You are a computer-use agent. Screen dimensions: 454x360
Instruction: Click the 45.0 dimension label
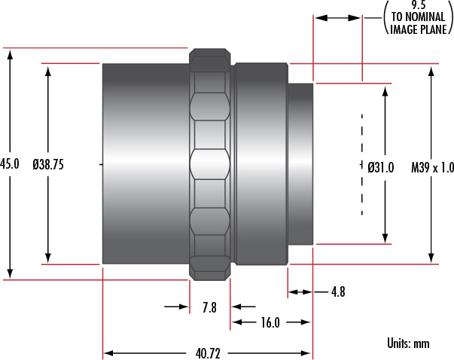pos(10,164)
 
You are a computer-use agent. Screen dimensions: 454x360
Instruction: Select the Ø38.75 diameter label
pos(48,164)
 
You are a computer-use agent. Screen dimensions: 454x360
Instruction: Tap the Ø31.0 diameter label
pos(381,167)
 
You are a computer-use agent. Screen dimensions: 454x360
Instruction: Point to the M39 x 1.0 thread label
pos(433,167)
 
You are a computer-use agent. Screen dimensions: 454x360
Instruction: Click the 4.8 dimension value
pos(338,291)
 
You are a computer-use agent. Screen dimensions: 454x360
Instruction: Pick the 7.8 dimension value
pos(209,307)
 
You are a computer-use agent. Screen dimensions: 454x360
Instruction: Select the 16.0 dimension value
pos(270,322)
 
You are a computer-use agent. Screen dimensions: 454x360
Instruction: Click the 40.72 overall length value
pos(208,354)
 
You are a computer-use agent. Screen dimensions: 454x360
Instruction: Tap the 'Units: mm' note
pos(408,343)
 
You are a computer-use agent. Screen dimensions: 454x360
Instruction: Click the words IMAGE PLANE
pos(419,29)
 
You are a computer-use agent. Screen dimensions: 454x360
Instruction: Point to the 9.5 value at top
pos(419,5)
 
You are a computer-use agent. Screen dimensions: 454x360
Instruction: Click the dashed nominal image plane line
pos(362,164)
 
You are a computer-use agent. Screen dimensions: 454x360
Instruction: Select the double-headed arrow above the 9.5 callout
pos(337,18)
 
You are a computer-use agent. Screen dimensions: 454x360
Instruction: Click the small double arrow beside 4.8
pos(300,292)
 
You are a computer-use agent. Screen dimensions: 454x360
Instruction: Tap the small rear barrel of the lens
pos(300,164)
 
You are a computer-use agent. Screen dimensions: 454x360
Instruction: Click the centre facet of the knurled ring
pos(210,164)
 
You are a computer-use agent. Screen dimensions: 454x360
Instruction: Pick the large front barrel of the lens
pos(146,164)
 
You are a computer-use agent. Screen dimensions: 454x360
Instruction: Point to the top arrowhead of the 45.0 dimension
pos(10,55)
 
